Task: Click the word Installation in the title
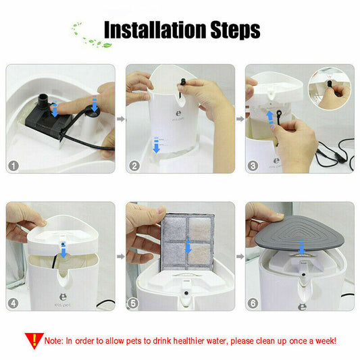[155, 30]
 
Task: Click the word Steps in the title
[235, 30]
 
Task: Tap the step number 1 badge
[14, 165]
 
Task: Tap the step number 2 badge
[134, 165]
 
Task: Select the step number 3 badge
[253, 165]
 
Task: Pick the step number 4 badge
[14, 303]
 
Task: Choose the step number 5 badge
[133, 303]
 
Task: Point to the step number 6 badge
[253, 303]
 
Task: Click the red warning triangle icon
[34, 339]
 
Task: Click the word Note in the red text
[53, 340]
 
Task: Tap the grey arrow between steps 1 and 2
[120, 119]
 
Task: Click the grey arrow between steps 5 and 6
[240, 256]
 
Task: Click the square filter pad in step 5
[187, 242]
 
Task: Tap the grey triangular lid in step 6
[300, 232]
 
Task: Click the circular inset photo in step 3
[330, 89]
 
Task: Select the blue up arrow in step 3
[270, 120]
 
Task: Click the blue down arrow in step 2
[156, 145]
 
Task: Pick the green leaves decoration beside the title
[90, 36]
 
